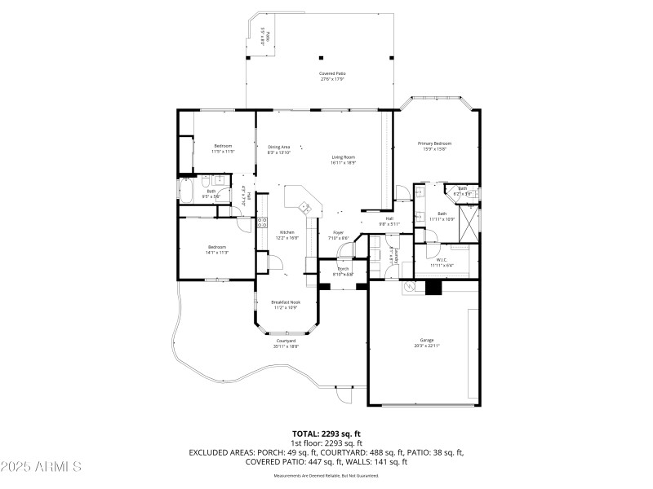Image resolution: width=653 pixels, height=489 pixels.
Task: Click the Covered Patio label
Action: (x=331, y=73)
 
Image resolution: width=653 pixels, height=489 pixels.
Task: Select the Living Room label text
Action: (x=343, y=157)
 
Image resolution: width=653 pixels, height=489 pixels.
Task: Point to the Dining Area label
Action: (x=279, y=147)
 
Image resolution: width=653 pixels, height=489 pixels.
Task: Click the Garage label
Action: (x=426, y=340)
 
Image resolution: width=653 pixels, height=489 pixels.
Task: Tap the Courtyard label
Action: (x=286, y=341)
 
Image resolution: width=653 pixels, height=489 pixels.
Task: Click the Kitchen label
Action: (x=287, y=232)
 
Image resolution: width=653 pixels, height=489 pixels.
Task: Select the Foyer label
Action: (x=338, y=232)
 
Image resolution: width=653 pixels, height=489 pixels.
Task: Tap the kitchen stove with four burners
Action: (x=263, y=221)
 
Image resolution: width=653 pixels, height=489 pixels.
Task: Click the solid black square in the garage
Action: (x=433, y=287)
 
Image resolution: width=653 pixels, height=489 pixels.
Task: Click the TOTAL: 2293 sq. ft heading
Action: (x=326, y=434)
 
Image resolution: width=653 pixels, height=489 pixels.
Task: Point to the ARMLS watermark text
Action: (x=41, y=467)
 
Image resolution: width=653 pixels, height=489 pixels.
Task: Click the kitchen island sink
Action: (x=307, y=207)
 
